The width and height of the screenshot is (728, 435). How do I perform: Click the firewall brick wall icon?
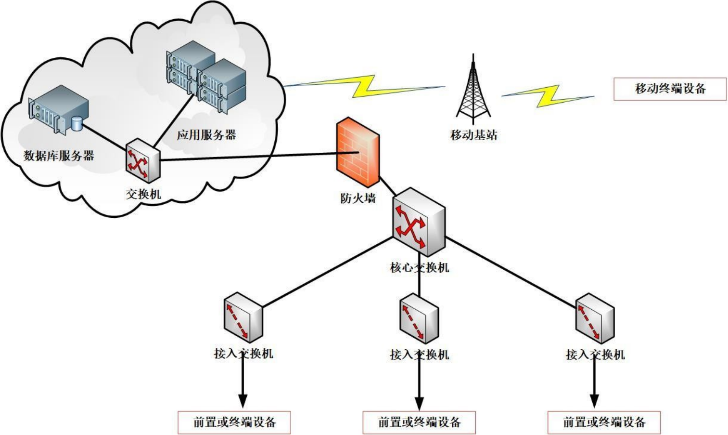pyautogui.click(x=358, y=153)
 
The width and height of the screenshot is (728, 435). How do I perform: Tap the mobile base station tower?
pyautogui.click(x=473, y=89)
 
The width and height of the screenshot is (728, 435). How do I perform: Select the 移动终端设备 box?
pyautogui.click(x=670, y=89)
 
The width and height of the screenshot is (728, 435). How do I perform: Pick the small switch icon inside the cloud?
pyautogui.click(x=142, y=160)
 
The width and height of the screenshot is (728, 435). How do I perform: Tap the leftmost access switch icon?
pyautogui.click(x=243, y=317)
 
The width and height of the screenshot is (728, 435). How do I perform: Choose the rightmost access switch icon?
pyautogui.click(x=595, y=318)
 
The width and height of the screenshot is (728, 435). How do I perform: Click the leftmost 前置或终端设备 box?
pyautogui.click(x=234, y=422)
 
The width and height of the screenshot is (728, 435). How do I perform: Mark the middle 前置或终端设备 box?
pyautogui.click(x=419, y=422)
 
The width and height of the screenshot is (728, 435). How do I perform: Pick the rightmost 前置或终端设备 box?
pyautogui.click(x=604, y=422)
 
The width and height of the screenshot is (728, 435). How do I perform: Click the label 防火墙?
pyautogui.click(x=358, y=198)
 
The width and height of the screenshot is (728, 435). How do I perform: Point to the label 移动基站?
pyautogui.click(x=473, y=135)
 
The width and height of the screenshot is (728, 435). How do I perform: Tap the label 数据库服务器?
pyautogui.click(x=59, y=156)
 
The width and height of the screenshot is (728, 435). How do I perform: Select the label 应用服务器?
pyautogui.click(x=206, y=135)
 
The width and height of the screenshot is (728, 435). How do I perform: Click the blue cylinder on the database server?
pyautogui.click(x=77, y=123)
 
